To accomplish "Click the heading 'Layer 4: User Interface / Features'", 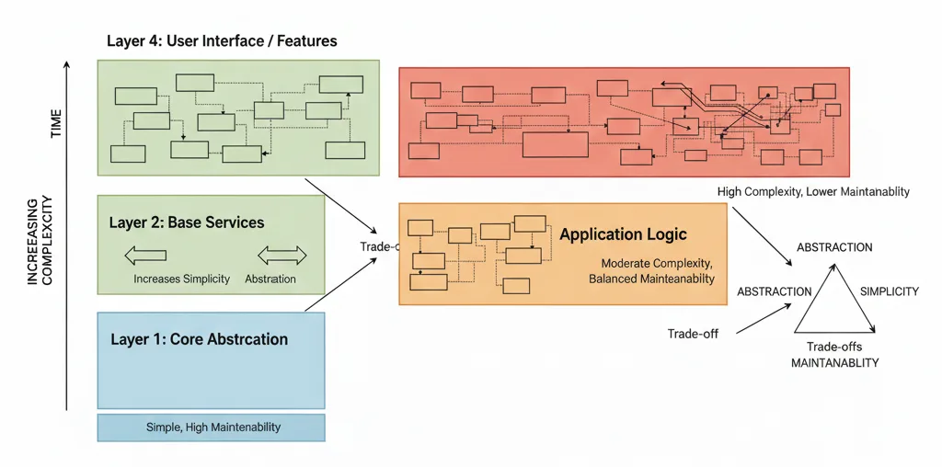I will coord(222,41).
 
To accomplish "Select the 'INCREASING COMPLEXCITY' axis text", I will coord(39,240).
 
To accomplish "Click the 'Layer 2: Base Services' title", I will coord(187,222).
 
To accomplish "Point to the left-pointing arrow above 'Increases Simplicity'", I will coord(144,256).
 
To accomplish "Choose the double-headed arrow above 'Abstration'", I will coord(281,256).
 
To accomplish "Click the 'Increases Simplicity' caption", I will coord(181,279).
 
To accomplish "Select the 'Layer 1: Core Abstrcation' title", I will coord(199,339).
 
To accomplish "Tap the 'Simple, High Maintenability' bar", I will coord(213,427).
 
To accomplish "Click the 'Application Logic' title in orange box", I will coord(623,234).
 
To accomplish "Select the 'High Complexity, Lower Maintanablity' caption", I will coord(813,191).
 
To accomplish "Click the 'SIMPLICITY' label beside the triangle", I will coord(889,291).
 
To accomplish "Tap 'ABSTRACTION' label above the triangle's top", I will coord(834,247).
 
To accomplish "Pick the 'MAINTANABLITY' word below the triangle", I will coord(834,363).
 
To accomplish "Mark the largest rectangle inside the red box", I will coord(555,144).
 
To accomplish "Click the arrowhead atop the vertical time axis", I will coord(67,64).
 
